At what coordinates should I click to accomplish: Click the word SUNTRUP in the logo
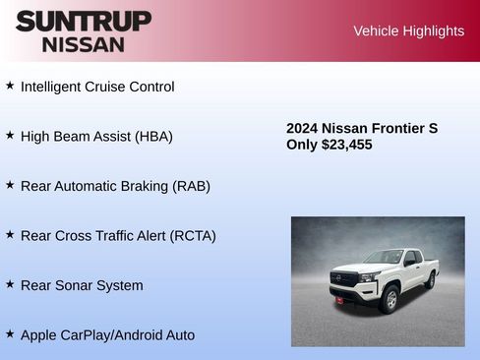click(84, 21)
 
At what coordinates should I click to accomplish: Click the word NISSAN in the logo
click(84, 43)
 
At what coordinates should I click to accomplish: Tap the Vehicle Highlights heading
click(408, 31)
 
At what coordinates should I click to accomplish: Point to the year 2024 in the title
click(302, 128)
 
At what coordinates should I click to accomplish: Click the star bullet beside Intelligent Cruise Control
click(10, 86)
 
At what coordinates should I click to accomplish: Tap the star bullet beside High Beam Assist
click(10, 135)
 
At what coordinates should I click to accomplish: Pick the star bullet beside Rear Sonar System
click(10, 284)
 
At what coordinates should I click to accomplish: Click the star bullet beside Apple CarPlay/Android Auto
click(10, 334)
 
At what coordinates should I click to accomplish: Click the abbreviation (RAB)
click(190, 186)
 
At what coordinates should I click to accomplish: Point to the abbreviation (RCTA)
click(193, 236)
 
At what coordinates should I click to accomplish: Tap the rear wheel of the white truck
click(430, 280)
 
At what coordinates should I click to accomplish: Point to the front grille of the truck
click(344, 278)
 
